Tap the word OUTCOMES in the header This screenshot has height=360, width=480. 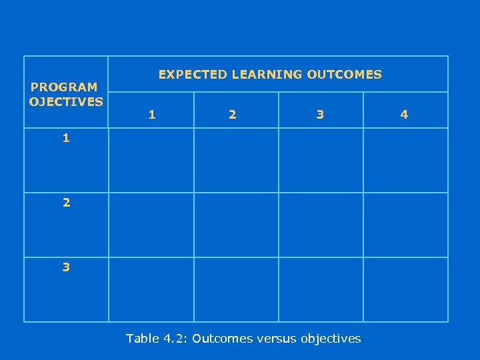pos(344,75)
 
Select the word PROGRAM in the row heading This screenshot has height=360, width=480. pos(64,87)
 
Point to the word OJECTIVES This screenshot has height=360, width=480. pos(66,102)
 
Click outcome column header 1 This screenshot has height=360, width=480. pos(152,115)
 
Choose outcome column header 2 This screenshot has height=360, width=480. pos(232,115)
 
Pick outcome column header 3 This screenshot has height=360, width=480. pos(320,115)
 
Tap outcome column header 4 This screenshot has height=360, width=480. pos(404,115)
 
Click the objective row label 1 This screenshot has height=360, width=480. pos(65,139)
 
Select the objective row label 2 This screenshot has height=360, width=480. pos(65,203)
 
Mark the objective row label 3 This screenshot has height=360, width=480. pos(65,267)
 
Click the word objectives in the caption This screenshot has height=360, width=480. pos(331,339)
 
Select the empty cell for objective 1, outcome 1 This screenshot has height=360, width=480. pos(151,160)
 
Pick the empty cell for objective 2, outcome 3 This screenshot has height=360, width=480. pos(321,225)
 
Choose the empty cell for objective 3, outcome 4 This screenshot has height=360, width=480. pos(405,289)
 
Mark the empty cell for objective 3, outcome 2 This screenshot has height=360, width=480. pos(236,289)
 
